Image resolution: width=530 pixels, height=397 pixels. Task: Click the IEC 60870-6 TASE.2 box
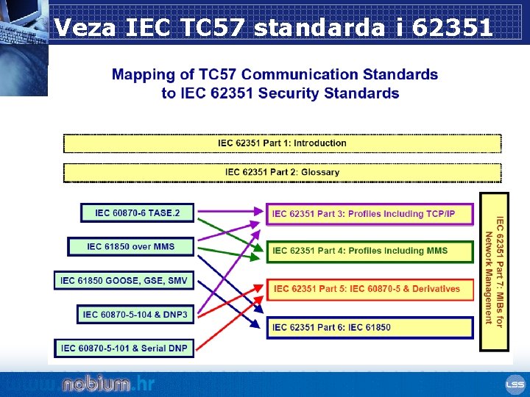[137, 213]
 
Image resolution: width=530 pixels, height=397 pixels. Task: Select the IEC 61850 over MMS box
[131, 246]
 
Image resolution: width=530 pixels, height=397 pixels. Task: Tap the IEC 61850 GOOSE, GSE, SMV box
[124, 280]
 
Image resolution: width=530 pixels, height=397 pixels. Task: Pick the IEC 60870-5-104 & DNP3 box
[135, 314]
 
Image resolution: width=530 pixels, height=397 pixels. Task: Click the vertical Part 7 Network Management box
[494, 271]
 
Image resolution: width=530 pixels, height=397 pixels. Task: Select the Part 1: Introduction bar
[282, 143]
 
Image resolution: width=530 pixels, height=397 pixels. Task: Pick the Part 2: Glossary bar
[282, 173]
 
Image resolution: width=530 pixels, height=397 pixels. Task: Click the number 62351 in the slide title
[453, 28]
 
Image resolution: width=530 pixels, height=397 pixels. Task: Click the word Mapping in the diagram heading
[141, 74]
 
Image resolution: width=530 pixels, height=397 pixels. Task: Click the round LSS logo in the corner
[514, 385]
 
